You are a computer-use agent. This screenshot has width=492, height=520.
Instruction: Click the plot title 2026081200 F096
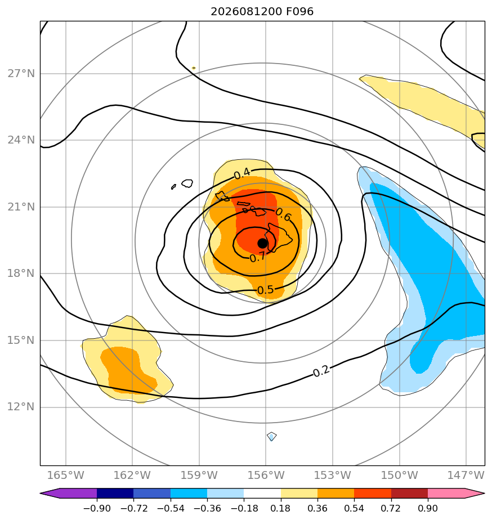pyautogui.click(x=262, y=12)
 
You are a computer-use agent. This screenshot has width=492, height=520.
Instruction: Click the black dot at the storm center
pyautogui.click(x=262, y=243)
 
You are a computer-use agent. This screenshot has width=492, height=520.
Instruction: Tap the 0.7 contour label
pyautogui.click(x=257, y=257)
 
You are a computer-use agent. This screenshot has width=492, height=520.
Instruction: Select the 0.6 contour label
pyautogui.click(x=283, y=214)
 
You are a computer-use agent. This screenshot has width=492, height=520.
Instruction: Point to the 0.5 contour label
pyautogui.click(x=265, y=290)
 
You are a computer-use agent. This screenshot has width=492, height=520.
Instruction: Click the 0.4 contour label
pyautogui.click(x=242, y=173)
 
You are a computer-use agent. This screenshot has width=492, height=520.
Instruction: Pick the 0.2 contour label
pyautogui.click(x=321, y=371)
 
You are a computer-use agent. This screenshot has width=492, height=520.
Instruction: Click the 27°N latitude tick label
pyautogui.click(x=21, y=73)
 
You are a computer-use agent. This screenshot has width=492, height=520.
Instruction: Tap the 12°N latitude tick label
pyautogui.click(x=21, y=406)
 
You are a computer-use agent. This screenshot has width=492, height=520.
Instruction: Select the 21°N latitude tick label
pyautogui.click(x=21, y=207)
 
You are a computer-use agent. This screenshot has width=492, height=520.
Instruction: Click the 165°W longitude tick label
pyautogui.click(x=66, y=475)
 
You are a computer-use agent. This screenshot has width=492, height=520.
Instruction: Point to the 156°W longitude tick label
pyautogui.click(x=266, y=475)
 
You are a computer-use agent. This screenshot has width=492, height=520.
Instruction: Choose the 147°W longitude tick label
pyautogui.click(x=466, y=475)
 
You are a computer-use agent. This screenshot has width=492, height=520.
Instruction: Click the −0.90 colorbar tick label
pyautogui.click(x=96, y=508)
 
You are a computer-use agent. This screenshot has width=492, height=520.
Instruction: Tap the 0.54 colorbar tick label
pyautogui.click(x=354, y=508)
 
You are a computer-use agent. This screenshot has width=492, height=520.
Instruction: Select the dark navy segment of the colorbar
pyautogui.click(x=115, y=493)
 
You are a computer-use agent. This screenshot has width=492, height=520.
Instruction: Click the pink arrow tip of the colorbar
pyautogui.click(x=484, y=493)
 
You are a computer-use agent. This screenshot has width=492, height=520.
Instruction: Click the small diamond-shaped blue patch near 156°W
pyautogui.click(x=272, y=437)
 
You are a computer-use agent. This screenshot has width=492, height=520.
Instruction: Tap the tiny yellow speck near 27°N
pyautogui.click(x=194, y=68)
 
